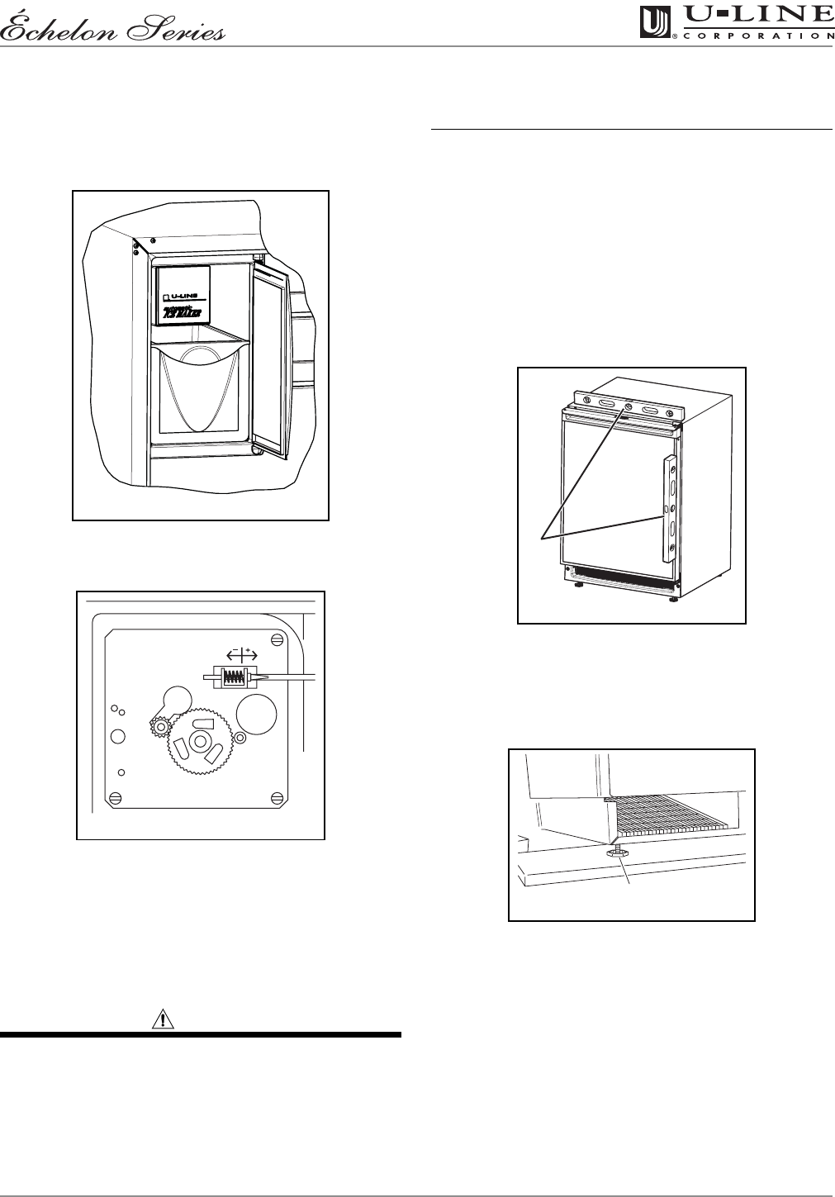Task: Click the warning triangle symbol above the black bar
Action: pyautogui.click(x=164, y=1019)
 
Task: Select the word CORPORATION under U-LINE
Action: pyautogui.click(x=757, y=36)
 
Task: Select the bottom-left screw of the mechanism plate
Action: pyautogui.click(x=116, y=797)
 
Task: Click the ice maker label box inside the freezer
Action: pyautogui.click(x=183, y=295)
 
